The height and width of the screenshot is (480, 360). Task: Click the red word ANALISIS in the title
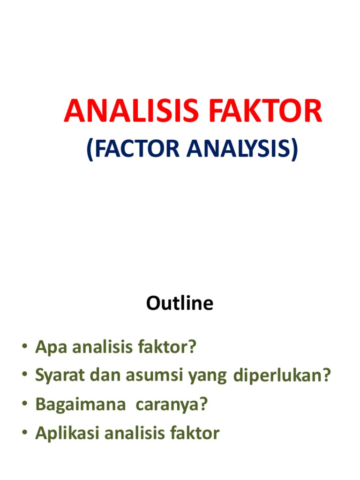tap(123, 111)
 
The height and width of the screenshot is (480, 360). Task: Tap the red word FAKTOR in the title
tap(256, 111)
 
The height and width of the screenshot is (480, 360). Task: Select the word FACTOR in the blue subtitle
tap(130, 149)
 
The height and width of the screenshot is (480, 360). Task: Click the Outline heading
tap(180, 304)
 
